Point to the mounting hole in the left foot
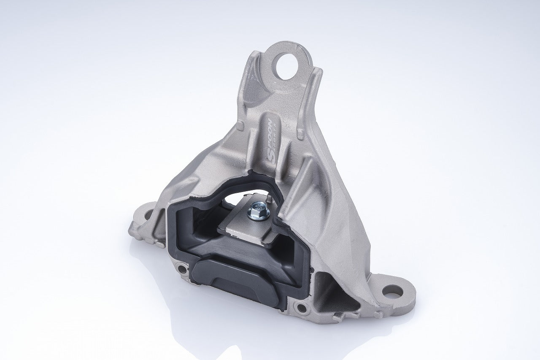[x=147, y=215]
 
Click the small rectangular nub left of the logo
[x=240, y=126]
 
